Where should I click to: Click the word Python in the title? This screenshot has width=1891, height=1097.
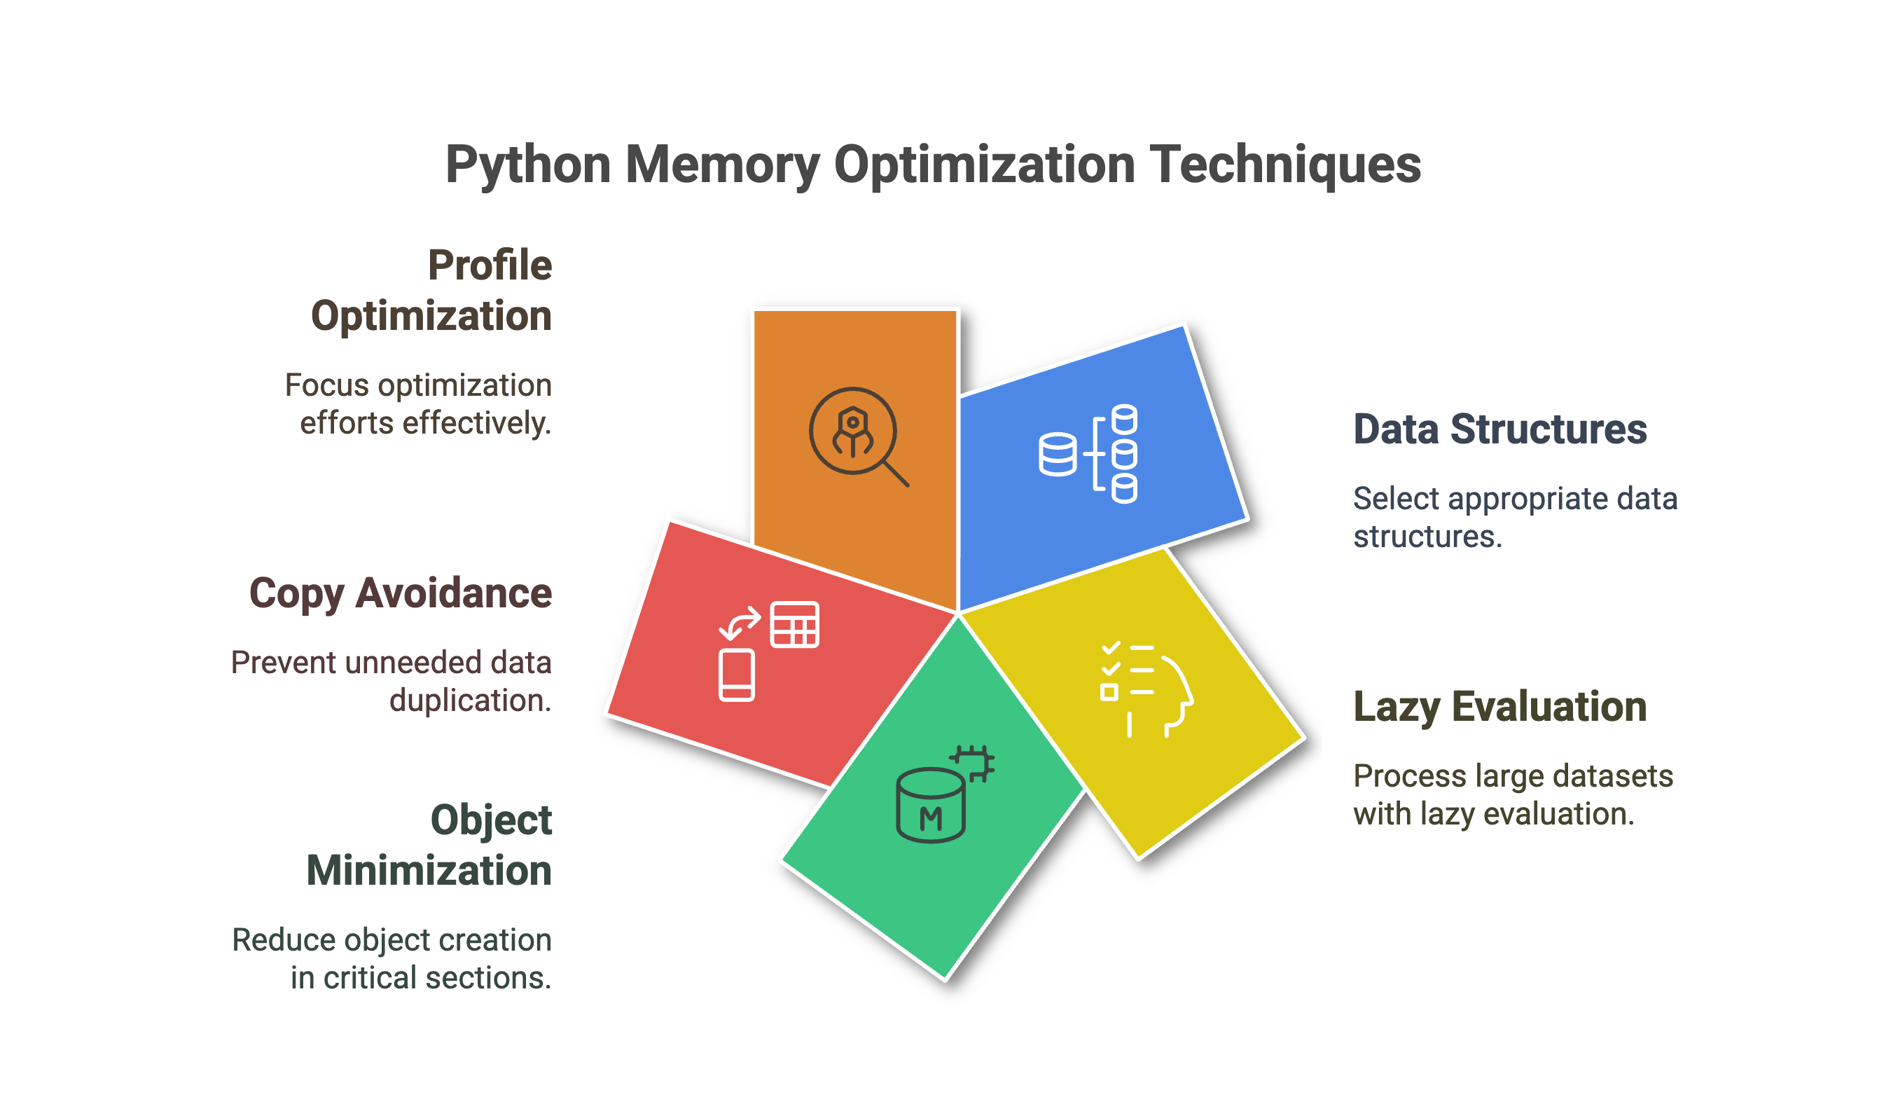[x=527, y=165]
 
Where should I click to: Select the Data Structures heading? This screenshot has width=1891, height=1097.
[x=1499, y=429]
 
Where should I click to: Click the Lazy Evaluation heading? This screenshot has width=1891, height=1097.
[x=1499, y=707]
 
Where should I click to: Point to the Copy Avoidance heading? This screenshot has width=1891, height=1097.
[x=400, y=593]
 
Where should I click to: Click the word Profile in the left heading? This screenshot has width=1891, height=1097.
[x=490, y=265]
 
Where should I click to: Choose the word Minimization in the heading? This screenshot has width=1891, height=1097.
[x=429, y=871]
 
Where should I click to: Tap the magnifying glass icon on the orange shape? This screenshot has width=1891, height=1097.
[x=858, y=436]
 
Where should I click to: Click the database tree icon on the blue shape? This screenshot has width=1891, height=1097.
[x=1088, y=453]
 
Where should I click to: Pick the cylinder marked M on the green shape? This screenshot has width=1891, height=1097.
[x=931, y=805]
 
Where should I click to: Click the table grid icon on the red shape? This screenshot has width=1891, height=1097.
[x=794, y=624]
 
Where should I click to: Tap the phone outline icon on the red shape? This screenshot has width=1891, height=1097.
[x=736, y=675]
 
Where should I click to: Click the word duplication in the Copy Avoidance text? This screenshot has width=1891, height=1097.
[x=471, y=701]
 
